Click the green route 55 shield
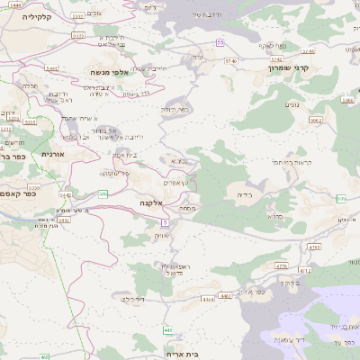pos(220,42)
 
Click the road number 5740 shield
pos(233,60)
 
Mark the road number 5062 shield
pos(315,119)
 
